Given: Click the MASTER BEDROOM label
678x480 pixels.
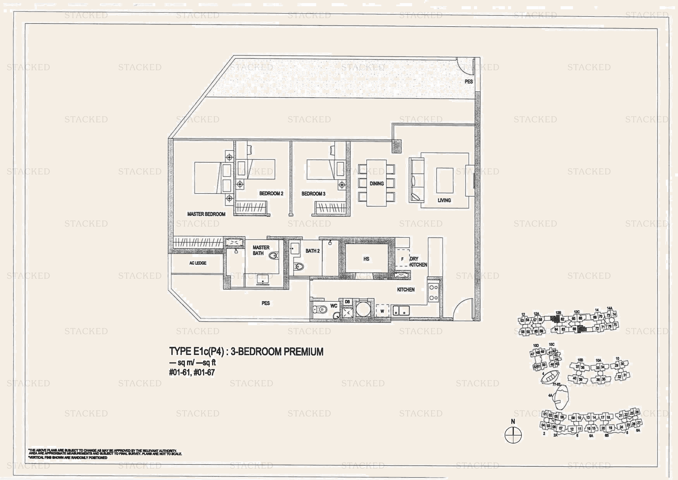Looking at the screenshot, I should click(x=206, y=214).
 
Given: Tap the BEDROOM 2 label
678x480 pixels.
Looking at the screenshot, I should click(x=271, y=194).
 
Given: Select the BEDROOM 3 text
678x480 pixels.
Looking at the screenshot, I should click(x=313, y=194).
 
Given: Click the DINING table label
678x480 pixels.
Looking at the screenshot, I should click(x=377, y=183).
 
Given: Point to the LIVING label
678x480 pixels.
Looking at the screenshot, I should click(x=444, y=200).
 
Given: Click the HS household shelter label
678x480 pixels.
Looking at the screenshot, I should click(x=366, y=259).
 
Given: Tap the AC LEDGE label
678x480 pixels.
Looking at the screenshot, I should click(x=198, y=263).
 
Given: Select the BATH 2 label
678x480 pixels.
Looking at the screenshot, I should click(x=313, y=251).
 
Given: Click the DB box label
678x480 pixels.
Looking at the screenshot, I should click(x=347, y=302).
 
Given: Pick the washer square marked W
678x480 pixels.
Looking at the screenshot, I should click(x=382, y=311).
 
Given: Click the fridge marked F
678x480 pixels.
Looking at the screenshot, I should click(x=402, y=259).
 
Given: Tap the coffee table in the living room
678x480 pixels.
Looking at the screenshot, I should click(x=445, y=180).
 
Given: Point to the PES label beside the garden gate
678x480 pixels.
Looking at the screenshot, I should click(x=469, y=81).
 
